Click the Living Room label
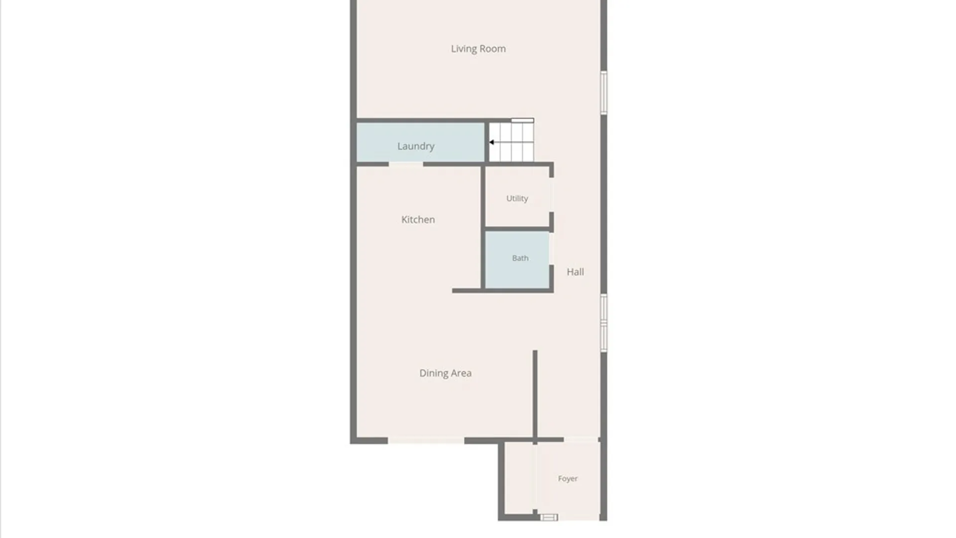(478, 49)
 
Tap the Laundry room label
(416, 146)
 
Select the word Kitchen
(418, 220)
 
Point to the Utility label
(517, 198)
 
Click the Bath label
(520, 258)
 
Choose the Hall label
(575, 272)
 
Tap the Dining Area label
(445, 373)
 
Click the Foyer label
(568, 479)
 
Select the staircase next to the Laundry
(511, 141)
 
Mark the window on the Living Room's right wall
(603, 93)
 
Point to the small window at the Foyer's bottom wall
(549, 518)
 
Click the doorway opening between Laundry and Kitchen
(406, 164)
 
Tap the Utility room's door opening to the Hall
(551, 195)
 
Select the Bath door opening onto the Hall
(551, 249)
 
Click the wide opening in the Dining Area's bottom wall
(426, 440)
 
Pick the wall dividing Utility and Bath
(517, 230)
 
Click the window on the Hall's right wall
(603, 323)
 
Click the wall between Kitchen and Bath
(483, 227)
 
